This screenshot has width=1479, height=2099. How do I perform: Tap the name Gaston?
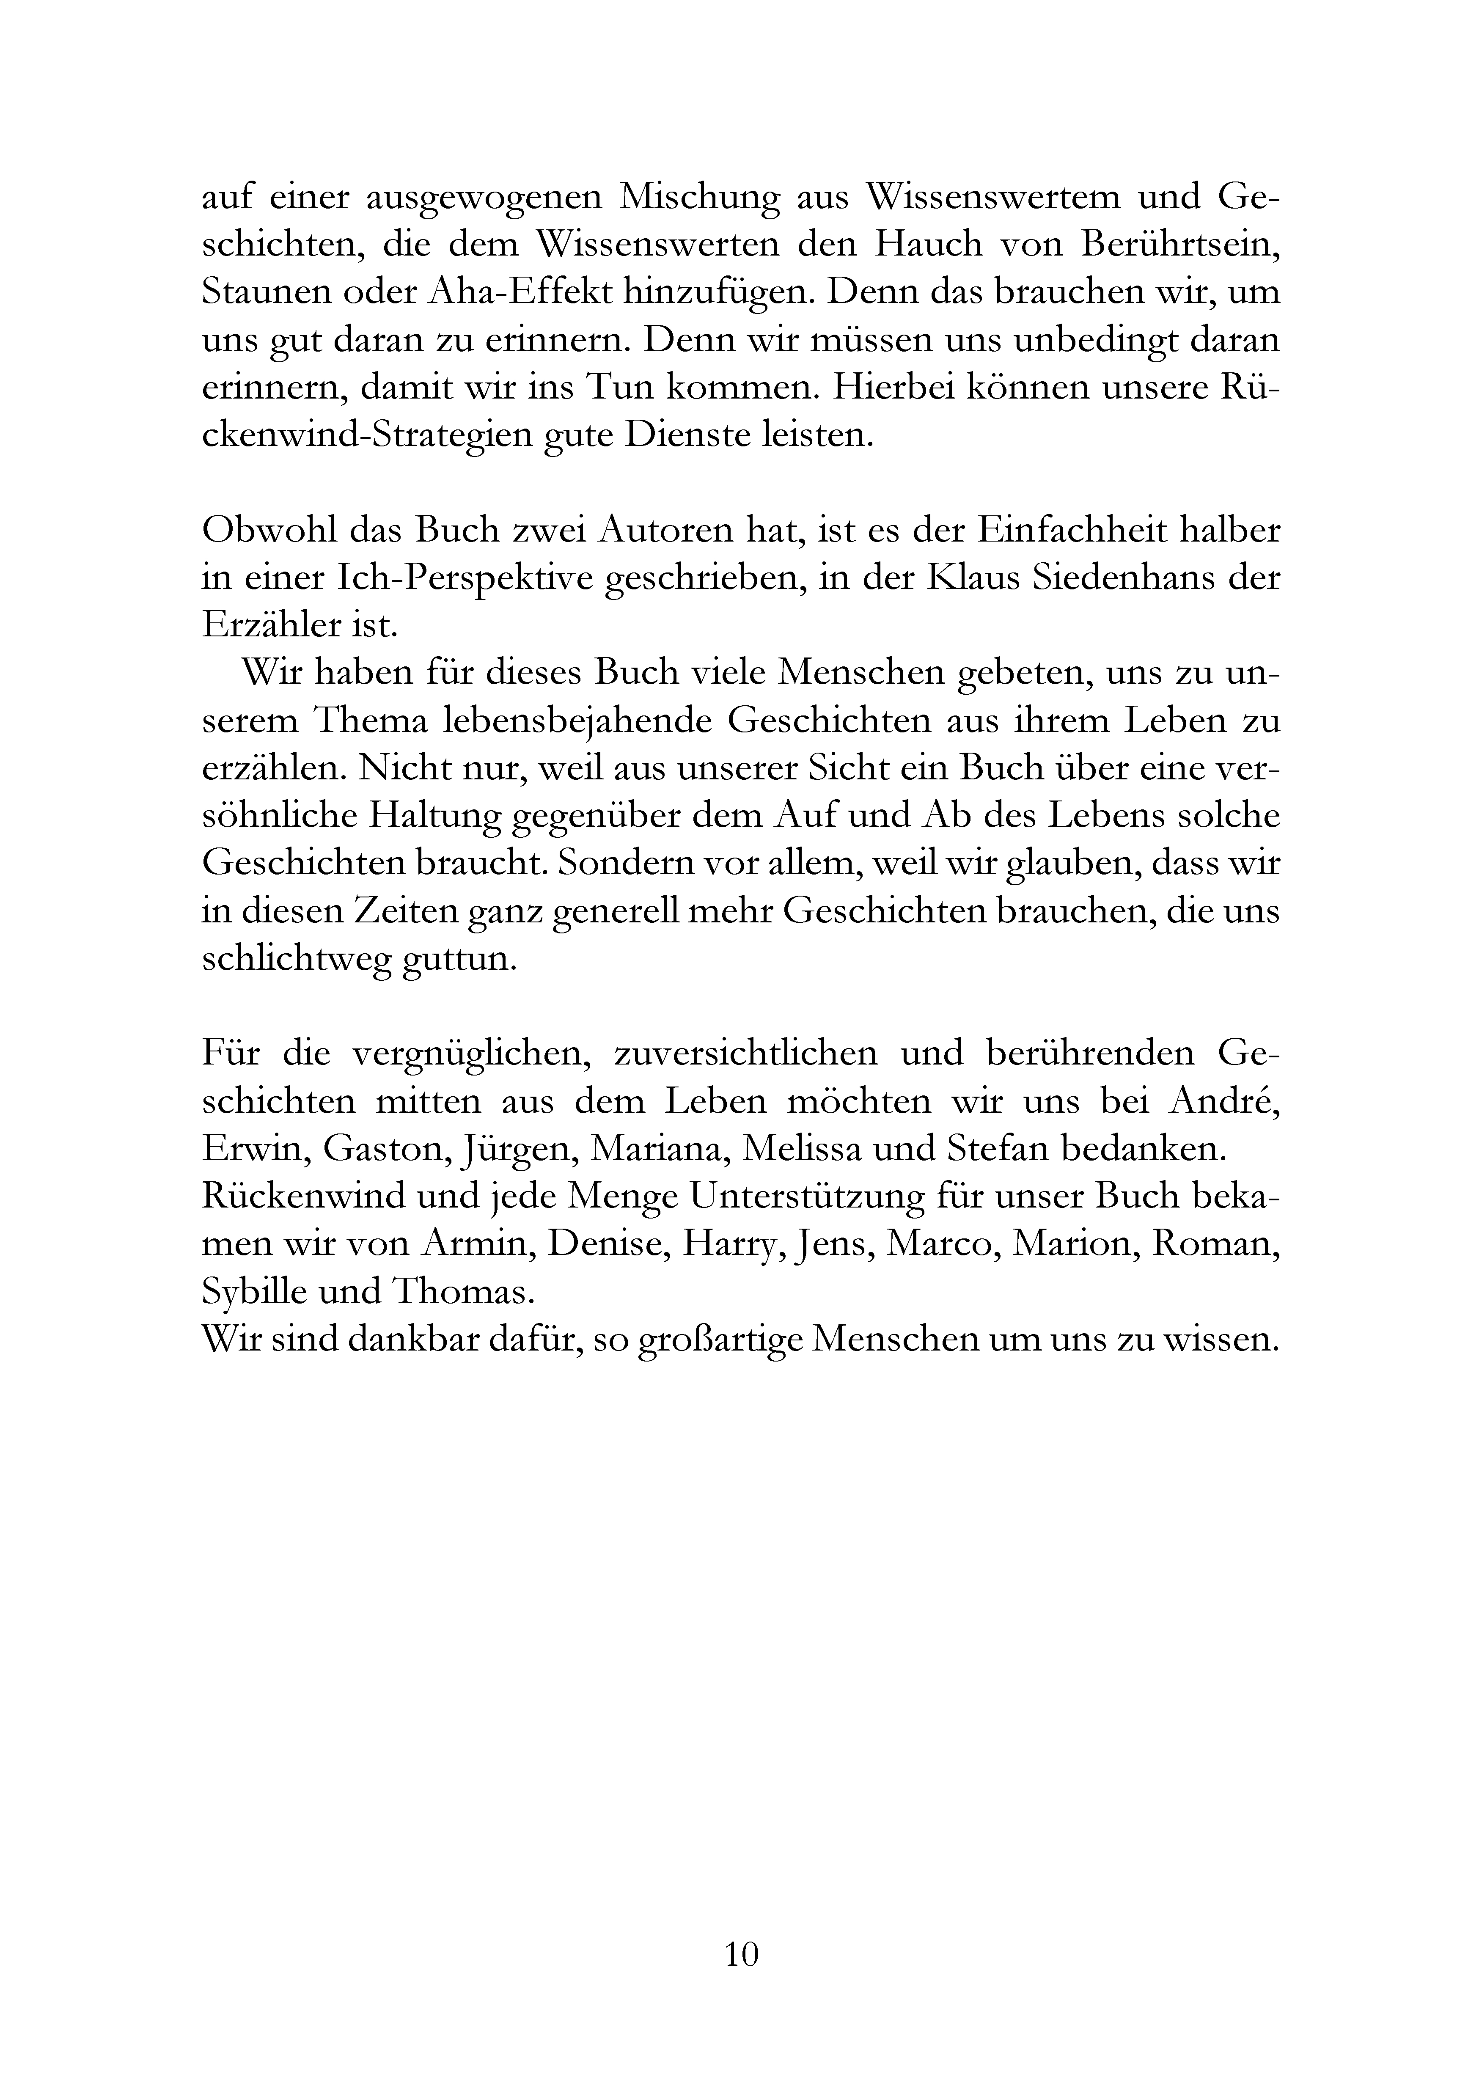tap(384, 1149)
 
